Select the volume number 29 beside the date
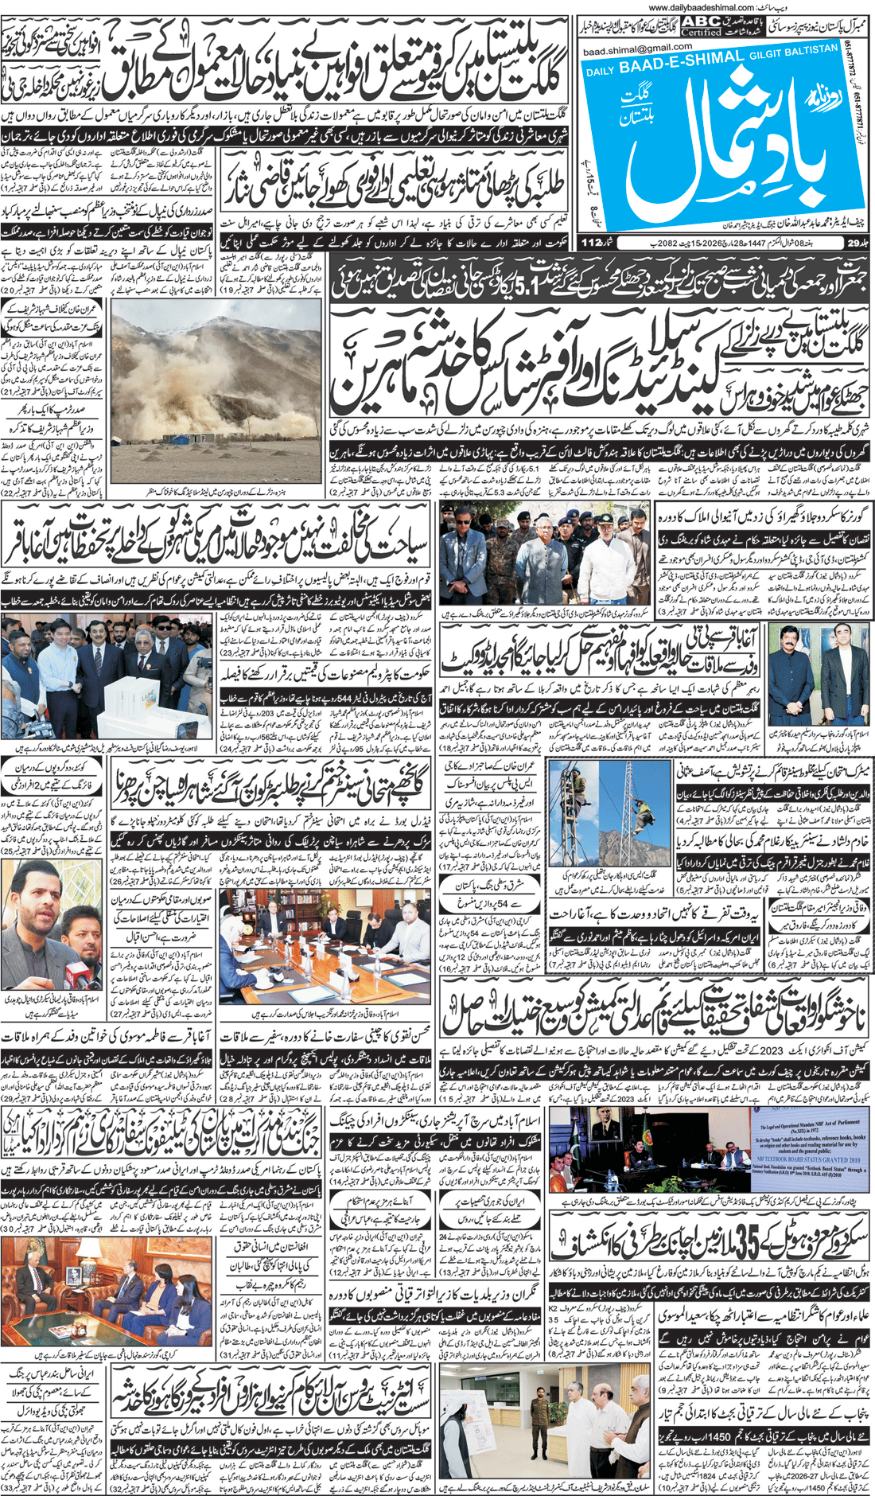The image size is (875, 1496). point(854,243)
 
